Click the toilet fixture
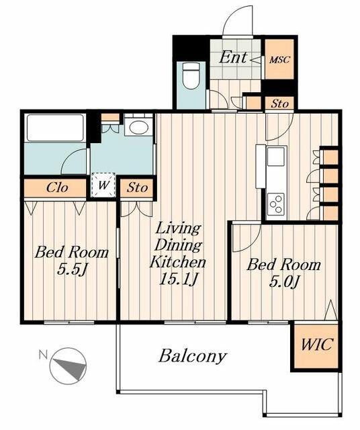191,75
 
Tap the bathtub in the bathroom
55,128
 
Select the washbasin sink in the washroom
138,127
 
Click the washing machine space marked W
103,185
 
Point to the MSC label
279,60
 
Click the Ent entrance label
233,57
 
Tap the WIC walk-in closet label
317,344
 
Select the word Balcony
193,356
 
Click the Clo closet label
57,188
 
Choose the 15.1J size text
178,279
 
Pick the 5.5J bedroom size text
72,270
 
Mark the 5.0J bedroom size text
283,282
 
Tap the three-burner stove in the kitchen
276,204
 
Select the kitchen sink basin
275,157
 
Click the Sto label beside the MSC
279,104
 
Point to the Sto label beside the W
137,188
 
